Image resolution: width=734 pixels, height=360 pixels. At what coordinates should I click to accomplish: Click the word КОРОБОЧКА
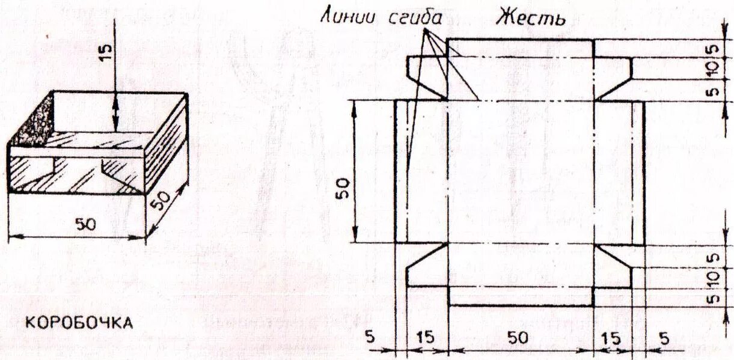coord(78,323)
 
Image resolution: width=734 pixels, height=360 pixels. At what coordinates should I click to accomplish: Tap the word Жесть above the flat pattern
coord(531,18)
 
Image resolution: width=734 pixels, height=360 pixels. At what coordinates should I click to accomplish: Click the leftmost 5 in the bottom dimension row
coord(371,338)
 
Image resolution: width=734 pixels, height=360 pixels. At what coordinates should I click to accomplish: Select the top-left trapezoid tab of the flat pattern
coord(428,71)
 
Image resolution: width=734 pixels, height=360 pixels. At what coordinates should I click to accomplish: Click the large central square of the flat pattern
coord(521,171)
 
